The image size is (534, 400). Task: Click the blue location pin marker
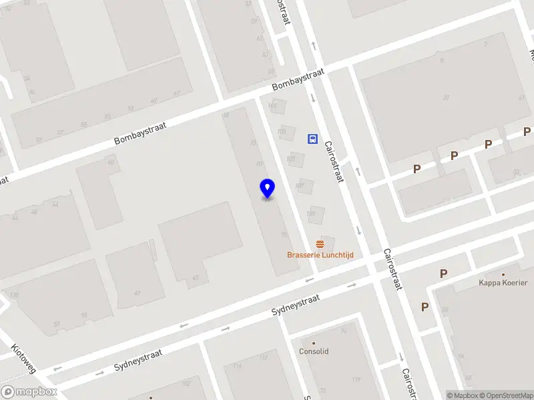click(x=268, y=189)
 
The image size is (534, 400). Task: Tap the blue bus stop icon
click(x=312, y=139)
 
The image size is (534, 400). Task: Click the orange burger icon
click(x=320, y=244)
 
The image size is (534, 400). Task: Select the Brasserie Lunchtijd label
click(x=320, y=255)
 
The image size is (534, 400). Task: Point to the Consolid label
click(x=314, y=351)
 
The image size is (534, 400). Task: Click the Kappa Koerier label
click(x=503, y=283)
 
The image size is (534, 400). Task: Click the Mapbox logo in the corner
click(x=29, y=392)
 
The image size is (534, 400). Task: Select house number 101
click(x=272, y=105)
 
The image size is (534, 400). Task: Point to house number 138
click(x=14, y=295)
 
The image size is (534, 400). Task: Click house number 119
click(x=356, y=381)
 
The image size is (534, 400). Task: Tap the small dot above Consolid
click(x=314, y=343)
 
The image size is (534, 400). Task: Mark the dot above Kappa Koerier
click(x=503, y=274)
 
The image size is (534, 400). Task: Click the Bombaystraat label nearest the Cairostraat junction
click(x=298, y=83)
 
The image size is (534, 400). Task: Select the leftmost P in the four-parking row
click(x=417, y=169)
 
